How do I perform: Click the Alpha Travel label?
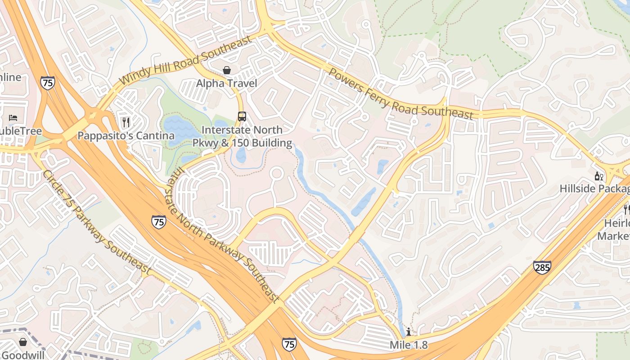coord(227,83)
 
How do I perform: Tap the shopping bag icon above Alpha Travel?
coord(227,70)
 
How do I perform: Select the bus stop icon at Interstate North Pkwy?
coord(242,117)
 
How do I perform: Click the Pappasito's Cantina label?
coord(126,135)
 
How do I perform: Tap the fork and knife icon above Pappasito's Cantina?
coord(126,122)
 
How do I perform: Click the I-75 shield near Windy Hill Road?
coord(47,83)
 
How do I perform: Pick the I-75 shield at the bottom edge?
coord(289,344)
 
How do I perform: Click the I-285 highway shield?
coord(542,267)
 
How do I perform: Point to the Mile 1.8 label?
coord(409,345)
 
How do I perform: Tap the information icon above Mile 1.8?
coord(409,332)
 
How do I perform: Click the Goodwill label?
coord(23,355)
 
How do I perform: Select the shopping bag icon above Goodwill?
coord(23,342)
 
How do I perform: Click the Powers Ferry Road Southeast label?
coord(401,94)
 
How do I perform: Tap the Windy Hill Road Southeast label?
coord(186,60)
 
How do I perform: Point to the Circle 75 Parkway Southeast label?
coord(96,222)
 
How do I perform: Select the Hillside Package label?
coord(594,189)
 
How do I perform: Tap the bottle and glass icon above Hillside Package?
coord(598,176)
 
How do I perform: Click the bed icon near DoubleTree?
coord(13,118)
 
